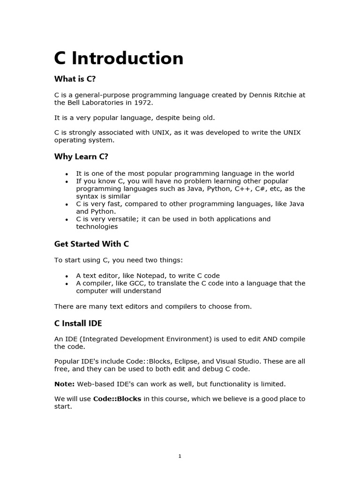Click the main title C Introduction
pos(119,59)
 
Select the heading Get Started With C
pos(91,244)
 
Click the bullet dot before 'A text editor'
pos(67,276)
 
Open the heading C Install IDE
pos(78,323)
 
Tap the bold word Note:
pos(65,384)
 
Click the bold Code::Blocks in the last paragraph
pos(117,399)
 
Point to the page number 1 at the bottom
pos(180,456)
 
